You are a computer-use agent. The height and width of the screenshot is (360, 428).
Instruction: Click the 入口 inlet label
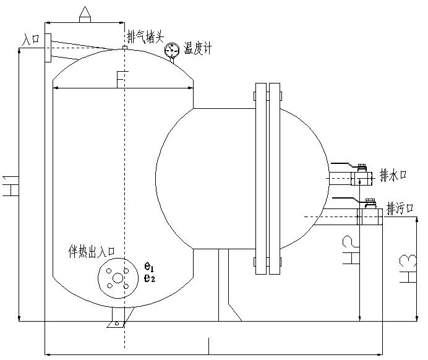30,39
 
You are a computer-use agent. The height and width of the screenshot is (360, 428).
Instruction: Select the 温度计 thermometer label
197,49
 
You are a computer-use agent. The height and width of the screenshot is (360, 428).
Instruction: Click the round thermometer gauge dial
173,51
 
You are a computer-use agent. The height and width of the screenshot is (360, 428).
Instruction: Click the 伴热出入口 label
92,251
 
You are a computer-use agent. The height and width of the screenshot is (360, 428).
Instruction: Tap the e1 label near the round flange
149,267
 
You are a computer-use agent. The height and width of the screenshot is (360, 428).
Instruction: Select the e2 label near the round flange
149,278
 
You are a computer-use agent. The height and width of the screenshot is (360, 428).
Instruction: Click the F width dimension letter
121,79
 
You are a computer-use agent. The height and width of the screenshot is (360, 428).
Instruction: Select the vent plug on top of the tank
125,48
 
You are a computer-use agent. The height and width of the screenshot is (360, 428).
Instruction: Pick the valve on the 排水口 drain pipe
361,178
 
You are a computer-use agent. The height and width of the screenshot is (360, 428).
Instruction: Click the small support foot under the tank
116,323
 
